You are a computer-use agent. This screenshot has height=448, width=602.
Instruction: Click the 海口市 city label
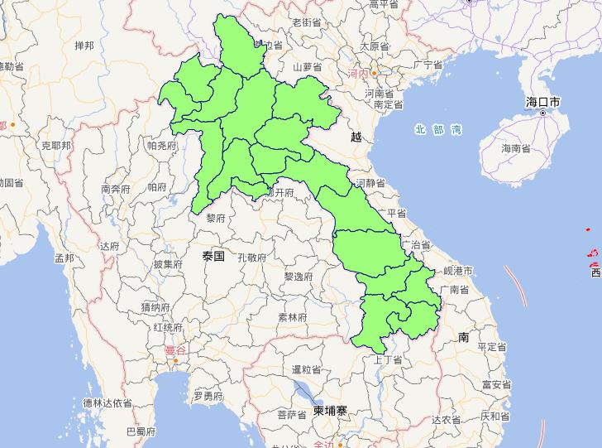tap(542, 102)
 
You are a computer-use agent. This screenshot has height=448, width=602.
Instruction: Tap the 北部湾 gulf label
tap(438, 129)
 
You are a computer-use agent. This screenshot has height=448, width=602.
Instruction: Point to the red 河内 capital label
tap(358, 74)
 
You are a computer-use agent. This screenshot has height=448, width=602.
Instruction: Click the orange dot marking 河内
tap(374, 73)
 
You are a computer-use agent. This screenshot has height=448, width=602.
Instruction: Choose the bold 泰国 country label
tap(213, 257)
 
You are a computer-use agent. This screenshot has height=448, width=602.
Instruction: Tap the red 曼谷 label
tap(174, 350)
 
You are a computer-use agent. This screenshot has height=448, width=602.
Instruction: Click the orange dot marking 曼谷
tap(176, 360)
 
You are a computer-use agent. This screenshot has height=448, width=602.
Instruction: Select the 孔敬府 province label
tap(251, 258)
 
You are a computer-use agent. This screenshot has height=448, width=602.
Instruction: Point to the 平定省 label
tap(491, 346)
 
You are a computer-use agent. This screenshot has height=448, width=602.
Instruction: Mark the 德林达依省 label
tap(107, 402)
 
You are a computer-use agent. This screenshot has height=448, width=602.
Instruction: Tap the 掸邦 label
tap(84, 45)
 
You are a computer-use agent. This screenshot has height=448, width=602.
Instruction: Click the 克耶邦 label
tap(56, 145)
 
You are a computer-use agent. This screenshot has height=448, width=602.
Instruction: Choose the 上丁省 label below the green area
tap(387, 359)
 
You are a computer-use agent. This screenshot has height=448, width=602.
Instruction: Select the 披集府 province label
tap(167, 264)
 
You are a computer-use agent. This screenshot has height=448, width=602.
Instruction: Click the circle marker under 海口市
tap(542, 113)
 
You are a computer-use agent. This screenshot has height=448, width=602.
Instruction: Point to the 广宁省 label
tap(433, 64)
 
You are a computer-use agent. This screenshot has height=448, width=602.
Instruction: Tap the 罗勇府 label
tap(208, 397)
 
